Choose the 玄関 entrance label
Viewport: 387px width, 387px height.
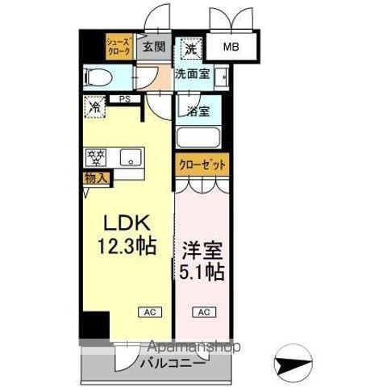click(x=154, y=46)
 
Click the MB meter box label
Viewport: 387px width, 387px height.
click(x=231, y=48)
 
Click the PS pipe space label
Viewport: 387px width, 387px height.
click(x=125, y=99)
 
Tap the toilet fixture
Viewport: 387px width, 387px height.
click(x=99, y=78)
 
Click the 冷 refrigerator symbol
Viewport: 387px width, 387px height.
click(x=95, y=106)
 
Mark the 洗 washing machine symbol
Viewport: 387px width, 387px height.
click(x=189, y=48)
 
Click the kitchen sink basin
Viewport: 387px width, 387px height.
click(x=129, y=157)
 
